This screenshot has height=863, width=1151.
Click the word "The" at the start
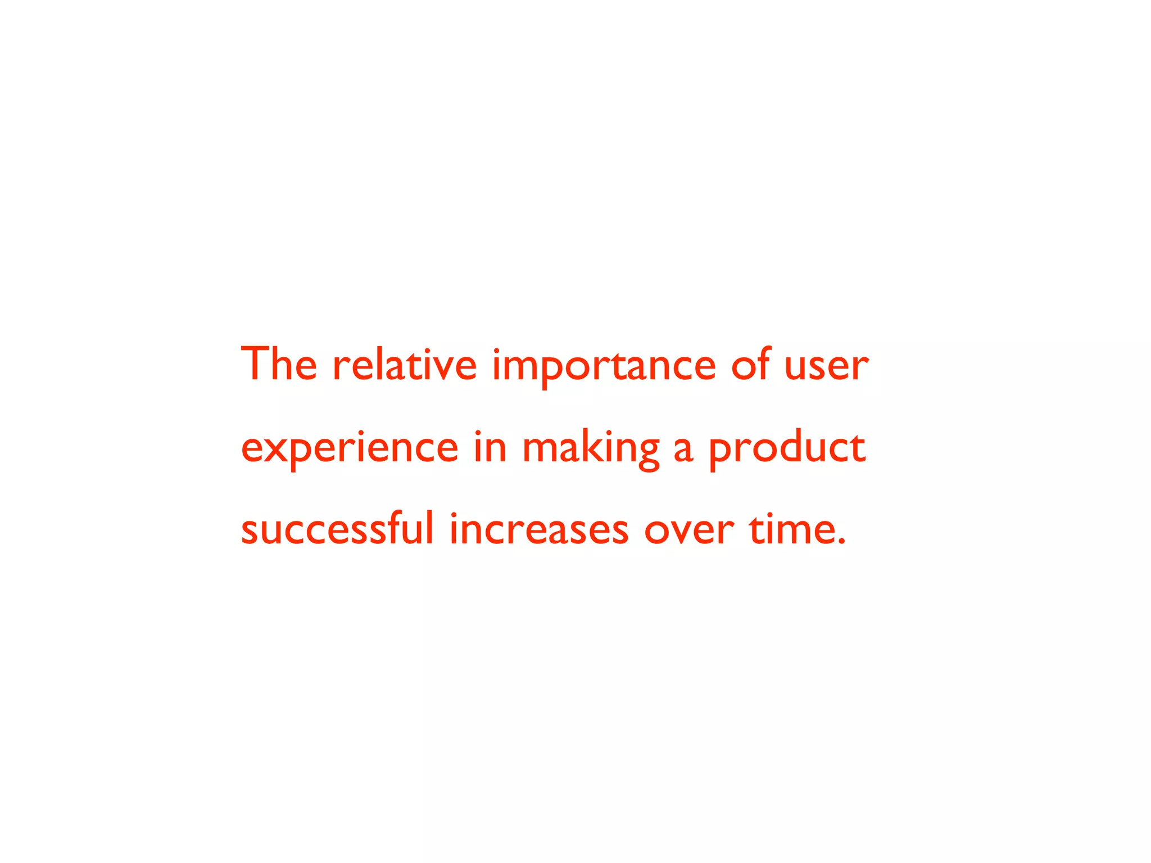point(279,364)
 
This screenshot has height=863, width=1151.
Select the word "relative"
point(405,364)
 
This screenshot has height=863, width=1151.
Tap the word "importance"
point(604,366)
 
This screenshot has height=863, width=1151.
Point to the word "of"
point(750,364)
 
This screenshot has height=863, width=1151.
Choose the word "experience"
point(350,449)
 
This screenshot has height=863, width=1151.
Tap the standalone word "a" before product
point(683,449)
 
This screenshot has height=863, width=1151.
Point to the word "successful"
point(337,529)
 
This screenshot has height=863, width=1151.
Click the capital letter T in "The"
point(254,364)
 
